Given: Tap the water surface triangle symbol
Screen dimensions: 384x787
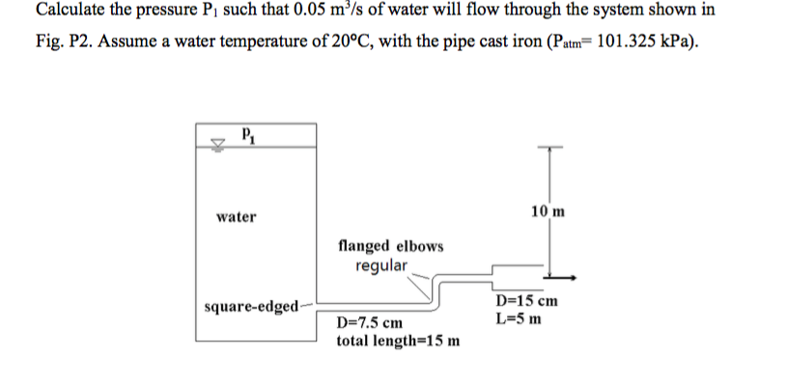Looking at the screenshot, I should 217,146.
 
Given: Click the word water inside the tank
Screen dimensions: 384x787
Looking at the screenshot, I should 237,217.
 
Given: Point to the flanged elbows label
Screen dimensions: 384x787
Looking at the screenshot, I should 391,246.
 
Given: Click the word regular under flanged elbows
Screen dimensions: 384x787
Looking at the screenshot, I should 381,264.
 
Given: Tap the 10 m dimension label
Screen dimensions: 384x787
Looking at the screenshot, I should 548,211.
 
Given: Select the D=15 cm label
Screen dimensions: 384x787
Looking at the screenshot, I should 528,301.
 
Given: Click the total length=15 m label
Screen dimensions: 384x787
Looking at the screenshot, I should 397,341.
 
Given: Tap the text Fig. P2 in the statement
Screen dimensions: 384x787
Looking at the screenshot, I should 61,45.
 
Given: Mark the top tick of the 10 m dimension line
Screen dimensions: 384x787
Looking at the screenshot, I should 548,148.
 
